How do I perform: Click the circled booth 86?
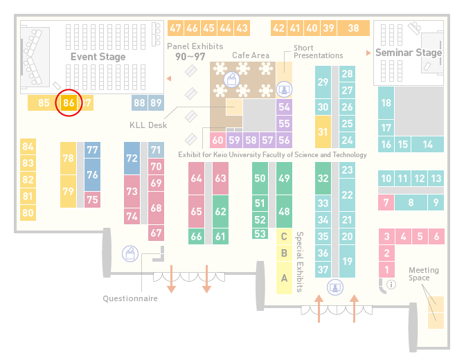(69, 102)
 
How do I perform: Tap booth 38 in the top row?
(353, 28)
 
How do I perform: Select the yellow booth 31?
(323, 132)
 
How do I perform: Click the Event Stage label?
(98, 57)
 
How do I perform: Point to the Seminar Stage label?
(409, 53)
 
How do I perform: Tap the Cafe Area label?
(251, 55)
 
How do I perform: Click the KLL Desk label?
(148, 125)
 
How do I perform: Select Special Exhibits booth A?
(284, 278)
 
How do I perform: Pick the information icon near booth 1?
(391, 285)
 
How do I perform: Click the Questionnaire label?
(130, 298)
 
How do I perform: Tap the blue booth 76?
(92, 174)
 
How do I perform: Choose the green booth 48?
(284, 212)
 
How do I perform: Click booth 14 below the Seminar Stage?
(427, 145)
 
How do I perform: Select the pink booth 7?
(386, 203)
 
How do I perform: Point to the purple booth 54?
(284, 107)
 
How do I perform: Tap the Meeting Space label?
(423, 274)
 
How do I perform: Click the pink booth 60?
(217, 140)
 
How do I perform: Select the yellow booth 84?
(28, 147)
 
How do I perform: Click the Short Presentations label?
(318, 52)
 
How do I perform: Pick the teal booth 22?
(347, 195)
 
